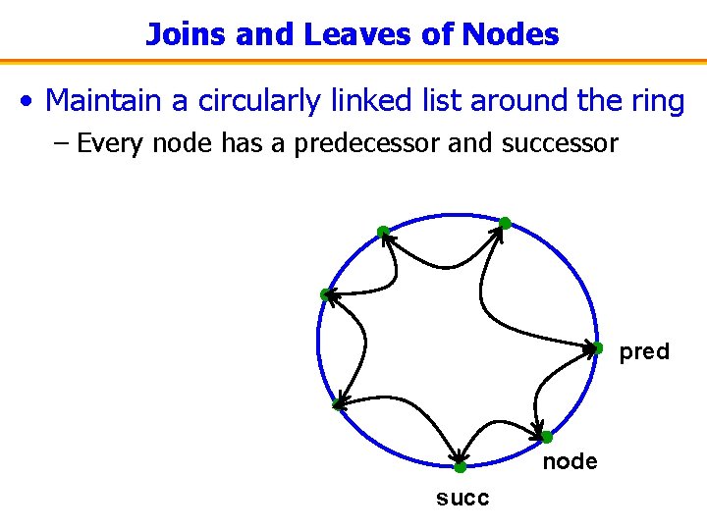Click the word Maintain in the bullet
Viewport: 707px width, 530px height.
117,100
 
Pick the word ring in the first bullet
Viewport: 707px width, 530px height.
655,100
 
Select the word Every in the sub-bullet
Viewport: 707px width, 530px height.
111,144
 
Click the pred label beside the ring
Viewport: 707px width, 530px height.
644,351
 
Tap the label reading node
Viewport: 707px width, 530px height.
570,461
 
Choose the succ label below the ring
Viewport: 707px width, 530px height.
462,498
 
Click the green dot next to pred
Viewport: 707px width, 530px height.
596,347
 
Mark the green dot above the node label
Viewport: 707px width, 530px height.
547,437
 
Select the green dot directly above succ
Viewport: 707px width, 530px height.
460,467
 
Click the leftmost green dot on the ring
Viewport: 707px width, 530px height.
325,294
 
